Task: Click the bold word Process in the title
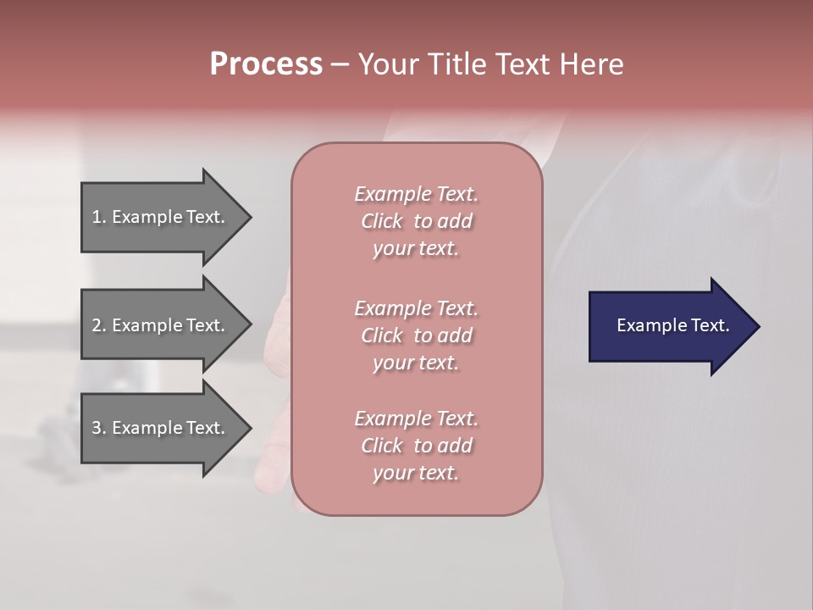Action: (266, 64)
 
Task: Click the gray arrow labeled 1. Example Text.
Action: (161, 217)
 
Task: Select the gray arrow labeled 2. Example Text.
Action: (161, 325)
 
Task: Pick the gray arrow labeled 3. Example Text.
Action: (161, 428)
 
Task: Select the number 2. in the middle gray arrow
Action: (99, 325)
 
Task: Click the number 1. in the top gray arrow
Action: (99, 217)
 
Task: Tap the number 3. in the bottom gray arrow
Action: (99, 428)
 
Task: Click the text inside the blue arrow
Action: (672, 325)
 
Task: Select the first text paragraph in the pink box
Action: (416, 221)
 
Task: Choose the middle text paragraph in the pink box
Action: (416, 335)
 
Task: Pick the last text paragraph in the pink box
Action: (416, 446)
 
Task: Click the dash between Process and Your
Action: (340, 64)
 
